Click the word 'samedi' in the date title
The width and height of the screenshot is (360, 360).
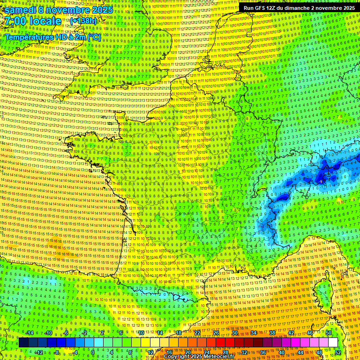(x=21, y=9)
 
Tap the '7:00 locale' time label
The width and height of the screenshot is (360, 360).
(x=33, y=21)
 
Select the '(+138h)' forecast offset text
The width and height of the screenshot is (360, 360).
(x=83, y=21)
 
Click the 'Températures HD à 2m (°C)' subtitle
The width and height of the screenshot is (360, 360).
(x=52, y=37)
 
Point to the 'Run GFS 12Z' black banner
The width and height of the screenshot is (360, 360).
(x=299, y=8)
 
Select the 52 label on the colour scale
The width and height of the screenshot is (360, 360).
(x=338, y=352)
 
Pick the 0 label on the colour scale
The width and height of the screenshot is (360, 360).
(x=93, y=352)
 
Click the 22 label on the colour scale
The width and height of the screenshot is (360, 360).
(x=197, y=333)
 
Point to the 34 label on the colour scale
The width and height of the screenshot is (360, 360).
(x=254, y=333)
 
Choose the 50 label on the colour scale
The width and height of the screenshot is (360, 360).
(x=329, y=333)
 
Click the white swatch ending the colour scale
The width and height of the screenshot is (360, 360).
(x=333, y=343)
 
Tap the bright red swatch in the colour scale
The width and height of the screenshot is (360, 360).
(x=220, y=343)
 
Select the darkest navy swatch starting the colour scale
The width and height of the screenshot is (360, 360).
(x=23, y=343)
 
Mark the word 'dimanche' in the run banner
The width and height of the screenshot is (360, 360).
(x=303, y=8)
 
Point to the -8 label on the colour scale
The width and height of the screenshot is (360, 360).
(x=56, y=352)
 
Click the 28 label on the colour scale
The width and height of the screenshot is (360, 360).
(x=225, y=352)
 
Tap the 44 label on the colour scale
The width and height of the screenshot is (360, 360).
(x=300, y=352)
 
